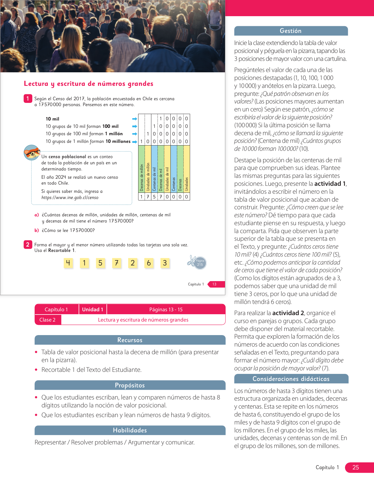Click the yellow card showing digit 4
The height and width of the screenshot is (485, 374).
click(68, 263)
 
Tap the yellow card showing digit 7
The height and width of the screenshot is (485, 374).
click(116, 263)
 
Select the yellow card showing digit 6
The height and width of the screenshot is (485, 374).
click(149, 263)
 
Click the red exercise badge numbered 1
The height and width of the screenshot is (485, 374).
click(28, 98)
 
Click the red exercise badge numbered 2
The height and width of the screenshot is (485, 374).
click(28, 245)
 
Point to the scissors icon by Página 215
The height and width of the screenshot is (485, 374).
click(192, 261)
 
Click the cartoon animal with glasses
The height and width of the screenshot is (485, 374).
click(32, 152)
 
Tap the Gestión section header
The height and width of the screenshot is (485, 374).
click(291, 31)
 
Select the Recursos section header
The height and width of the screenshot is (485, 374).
click(130, 340)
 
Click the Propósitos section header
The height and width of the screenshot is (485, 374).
click(130, 385)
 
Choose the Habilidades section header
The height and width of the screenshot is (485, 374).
click(130, 430)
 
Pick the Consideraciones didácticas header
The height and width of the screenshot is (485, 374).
click(291, 379)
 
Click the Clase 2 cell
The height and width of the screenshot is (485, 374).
click(48, 320)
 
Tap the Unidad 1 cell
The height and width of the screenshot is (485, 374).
click(93, 310)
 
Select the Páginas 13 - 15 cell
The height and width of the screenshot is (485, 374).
click(166, 310)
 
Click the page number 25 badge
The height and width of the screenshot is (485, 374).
click(356, 467)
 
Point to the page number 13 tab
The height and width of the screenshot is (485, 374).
click(215, 284)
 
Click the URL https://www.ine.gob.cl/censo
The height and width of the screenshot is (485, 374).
click(70, 198)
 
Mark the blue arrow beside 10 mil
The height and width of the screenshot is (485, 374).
click(135, 119)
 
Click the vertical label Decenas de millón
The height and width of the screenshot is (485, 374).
click(141, 177)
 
